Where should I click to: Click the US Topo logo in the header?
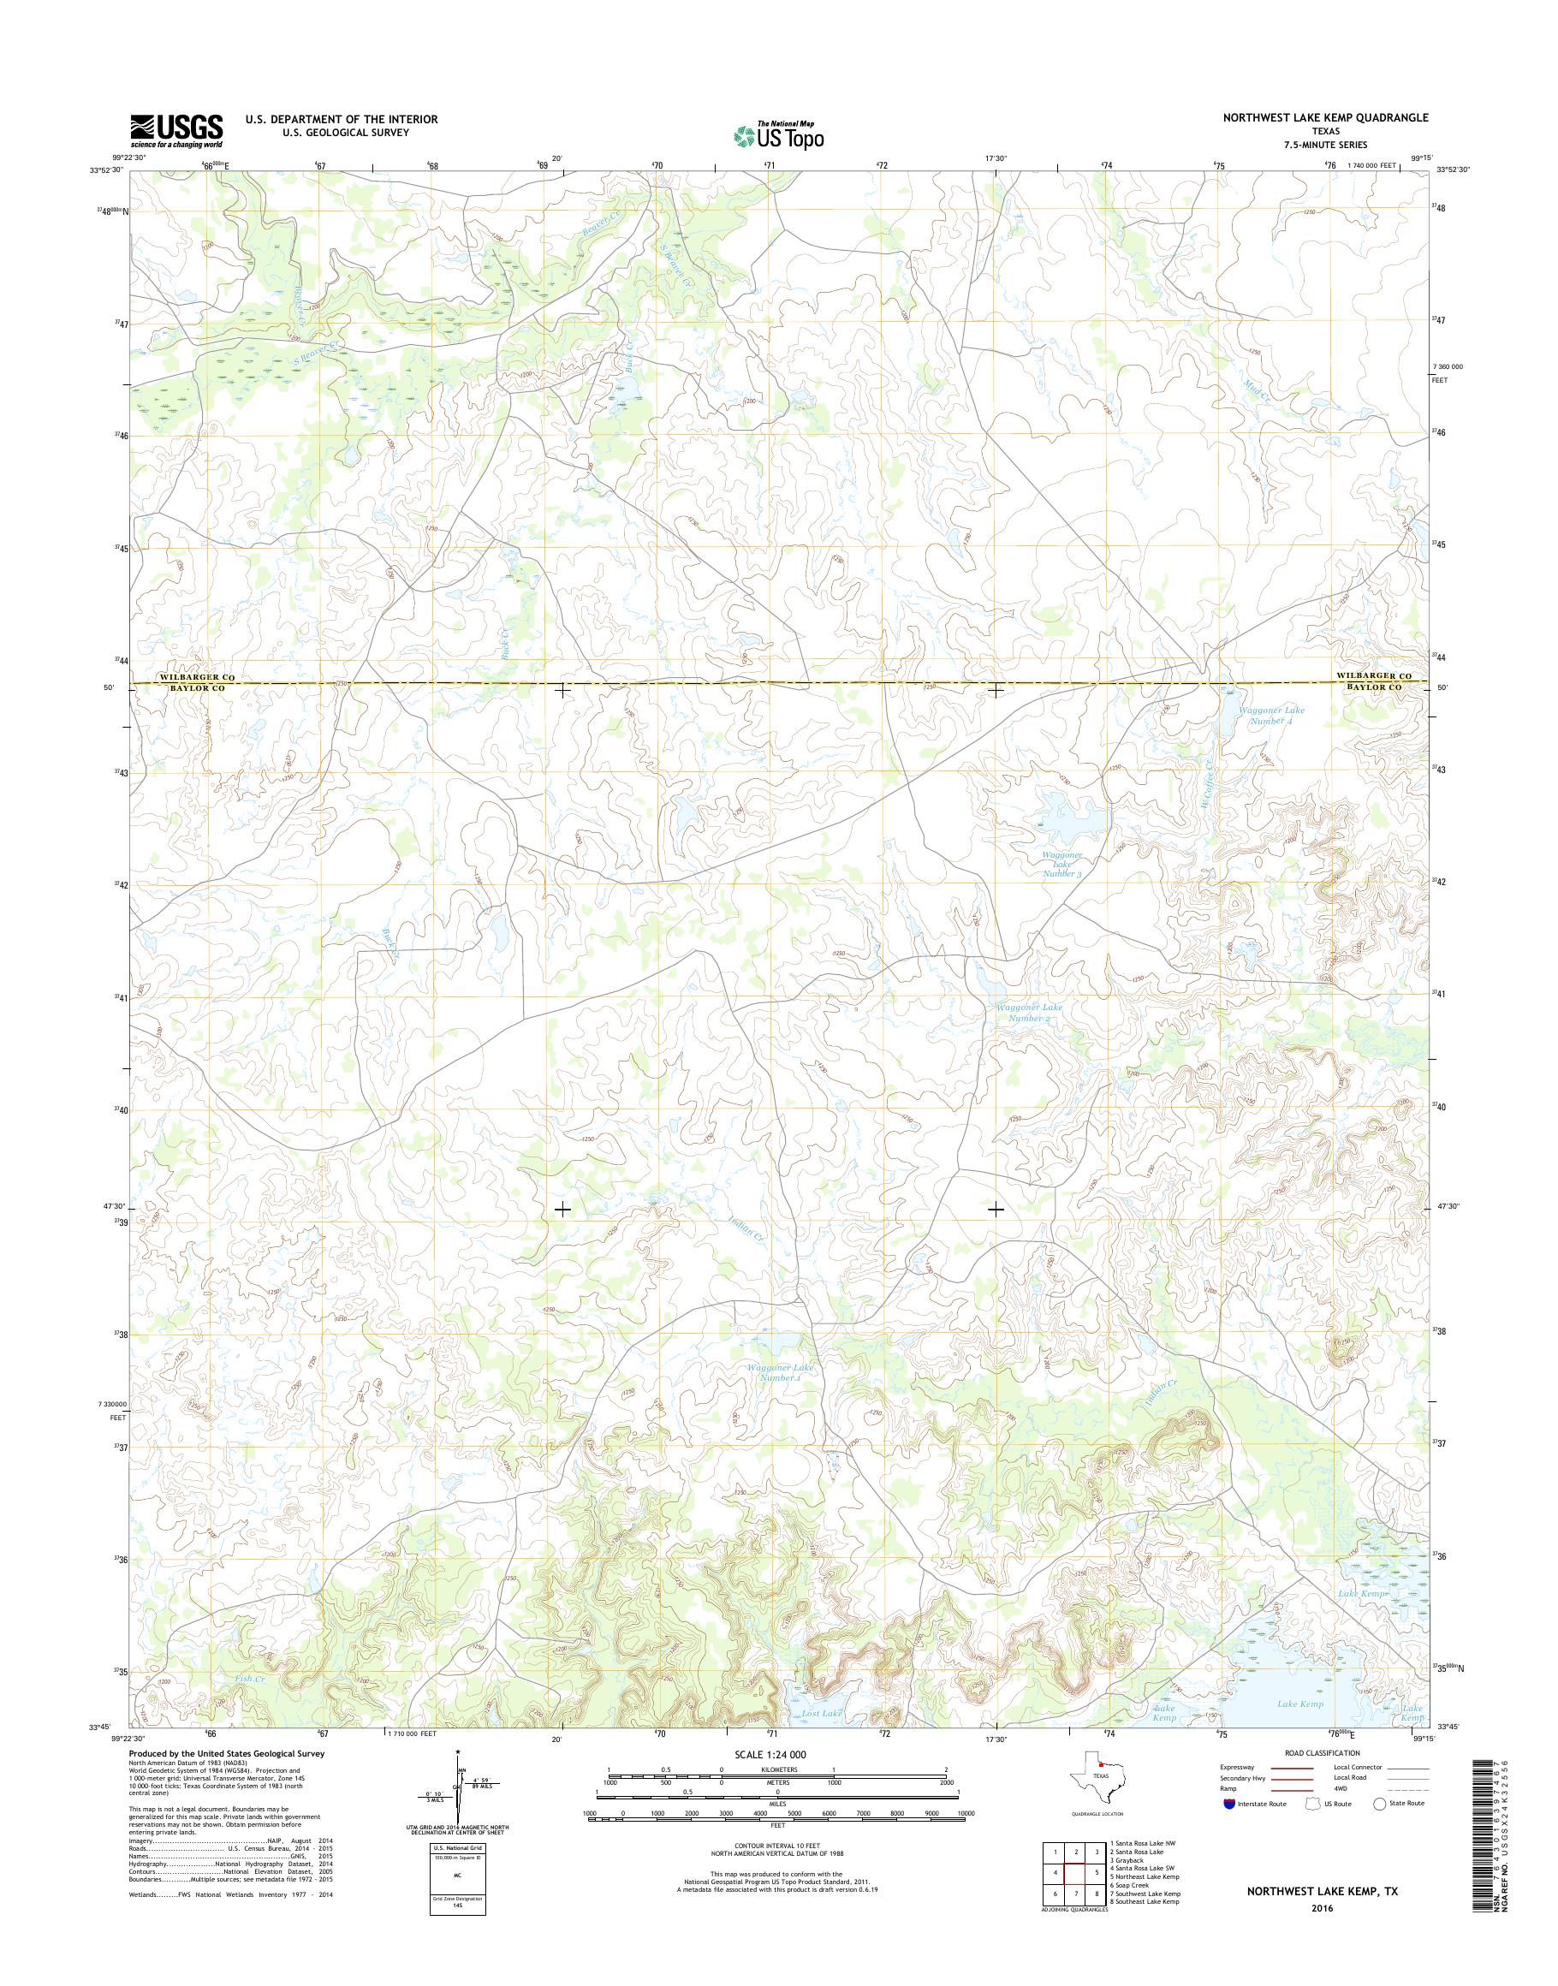click(x=779, y=136)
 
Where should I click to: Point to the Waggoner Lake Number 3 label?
click(x=1061, y=864)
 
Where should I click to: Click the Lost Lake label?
click(x=821, y=1714)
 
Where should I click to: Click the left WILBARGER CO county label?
click(x=197, y=678)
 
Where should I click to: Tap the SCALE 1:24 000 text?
click(x=770, y=1754)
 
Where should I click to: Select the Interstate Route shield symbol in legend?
click(x=1228, y=1803)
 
